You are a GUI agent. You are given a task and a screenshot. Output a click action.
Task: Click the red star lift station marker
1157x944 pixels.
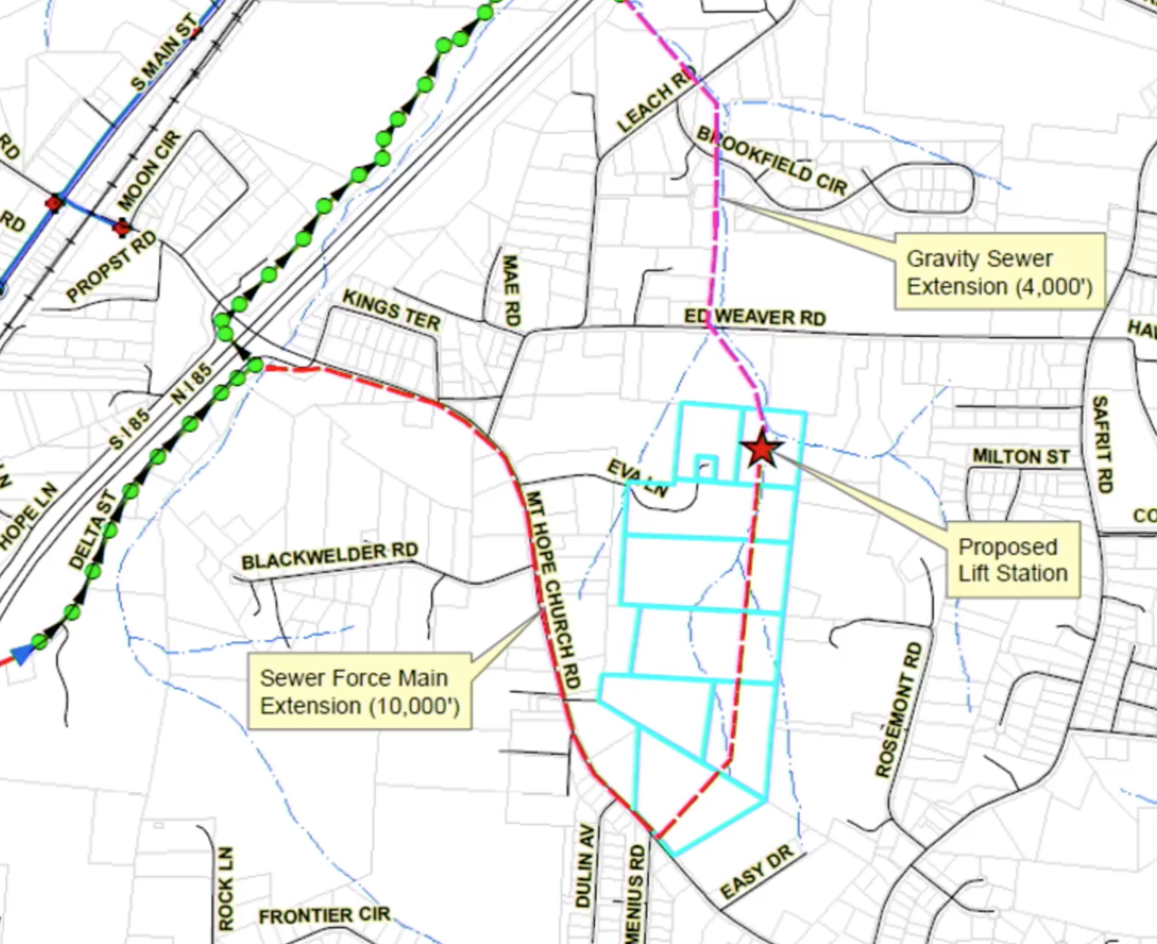tap(762, 450)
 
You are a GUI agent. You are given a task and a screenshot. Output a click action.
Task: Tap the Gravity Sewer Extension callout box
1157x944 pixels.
tap(999, 272)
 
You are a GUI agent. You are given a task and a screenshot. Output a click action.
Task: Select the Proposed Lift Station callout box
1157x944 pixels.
tap(1012, 560)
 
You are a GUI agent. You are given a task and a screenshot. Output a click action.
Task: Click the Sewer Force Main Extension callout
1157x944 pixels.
tap(360, 692)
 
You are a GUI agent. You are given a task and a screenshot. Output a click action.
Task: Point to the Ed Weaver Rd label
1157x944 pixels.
tap(755, 317)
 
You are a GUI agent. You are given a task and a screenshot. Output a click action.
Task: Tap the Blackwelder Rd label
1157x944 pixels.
tap(330, 556)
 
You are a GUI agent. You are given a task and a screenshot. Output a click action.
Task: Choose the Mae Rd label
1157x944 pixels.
tap(511, 290)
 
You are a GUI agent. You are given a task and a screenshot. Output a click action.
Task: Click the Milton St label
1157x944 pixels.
tap(1021, 457)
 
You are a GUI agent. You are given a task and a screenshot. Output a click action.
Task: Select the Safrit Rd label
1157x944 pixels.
tap(1101, 443)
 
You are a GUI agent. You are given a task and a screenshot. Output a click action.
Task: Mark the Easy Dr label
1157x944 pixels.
tap(757, 872)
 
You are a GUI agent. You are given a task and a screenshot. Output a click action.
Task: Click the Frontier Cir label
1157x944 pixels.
tap(324, 915)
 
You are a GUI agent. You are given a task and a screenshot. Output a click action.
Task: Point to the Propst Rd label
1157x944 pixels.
tap(111, 266)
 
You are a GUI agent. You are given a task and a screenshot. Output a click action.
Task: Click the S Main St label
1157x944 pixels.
tap(165, 52)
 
